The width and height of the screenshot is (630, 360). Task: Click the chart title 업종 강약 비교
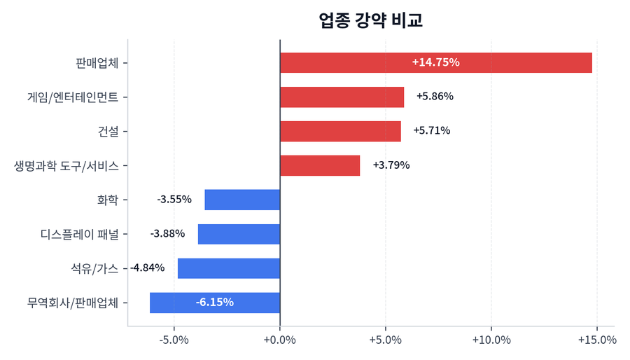pos(370,20)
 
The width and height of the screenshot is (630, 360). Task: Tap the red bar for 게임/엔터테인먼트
pos(342,97)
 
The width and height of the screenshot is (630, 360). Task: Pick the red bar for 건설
pos(340,131)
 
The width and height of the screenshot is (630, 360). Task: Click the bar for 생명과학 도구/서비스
pos(320,165)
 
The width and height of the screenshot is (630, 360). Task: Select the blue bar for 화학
pos(242,200)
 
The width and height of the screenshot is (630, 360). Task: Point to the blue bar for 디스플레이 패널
pos(239,234)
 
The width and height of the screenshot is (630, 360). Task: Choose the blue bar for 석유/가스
pos(229,268)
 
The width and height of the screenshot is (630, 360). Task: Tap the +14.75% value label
pos(435,62)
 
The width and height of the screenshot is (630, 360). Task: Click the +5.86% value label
pos(435,97)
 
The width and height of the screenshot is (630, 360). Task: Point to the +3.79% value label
pos(391,165)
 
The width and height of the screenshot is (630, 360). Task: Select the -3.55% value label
pos(174,200)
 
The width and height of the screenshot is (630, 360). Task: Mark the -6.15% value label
pos(214,303)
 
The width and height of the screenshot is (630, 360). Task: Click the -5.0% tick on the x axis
pos(174,340)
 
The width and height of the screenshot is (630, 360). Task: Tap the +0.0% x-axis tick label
pos(280,340)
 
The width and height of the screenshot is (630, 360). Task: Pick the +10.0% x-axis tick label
pos(491,340)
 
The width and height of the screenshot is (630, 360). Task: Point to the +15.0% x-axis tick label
pos(597,340)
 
